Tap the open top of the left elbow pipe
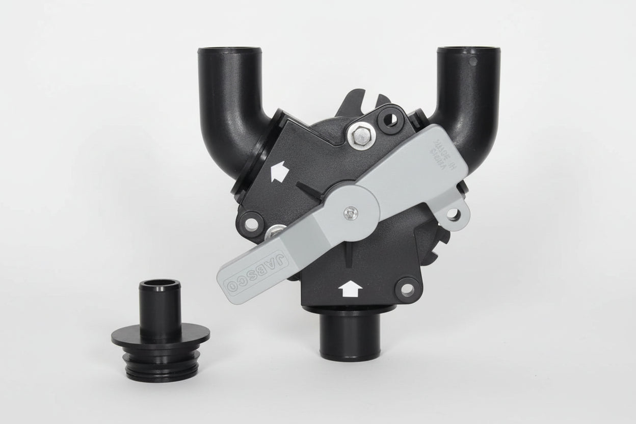pyautogui.click(x=229, y=50)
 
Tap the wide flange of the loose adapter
pyautogui.click(x=160, y=339)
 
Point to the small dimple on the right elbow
pyautogui.click(x=474, y=62)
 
